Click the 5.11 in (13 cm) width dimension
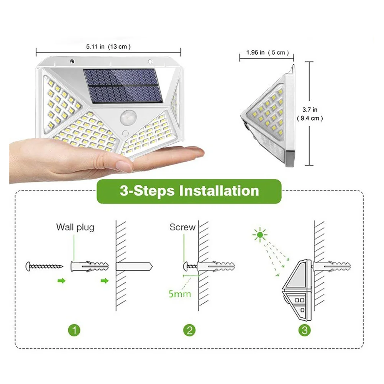(x=108, y=47)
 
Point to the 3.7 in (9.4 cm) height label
(x=310, y=114)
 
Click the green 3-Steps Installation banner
(x=189, y=190)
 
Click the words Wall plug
(x=75, y=227)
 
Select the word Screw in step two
(x=182, y=227)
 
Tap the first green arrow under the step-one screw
(x=61, y=281)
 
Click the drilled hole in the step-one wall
(x=134, y=265)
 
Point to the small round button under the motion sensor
(x=125, y=133)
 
